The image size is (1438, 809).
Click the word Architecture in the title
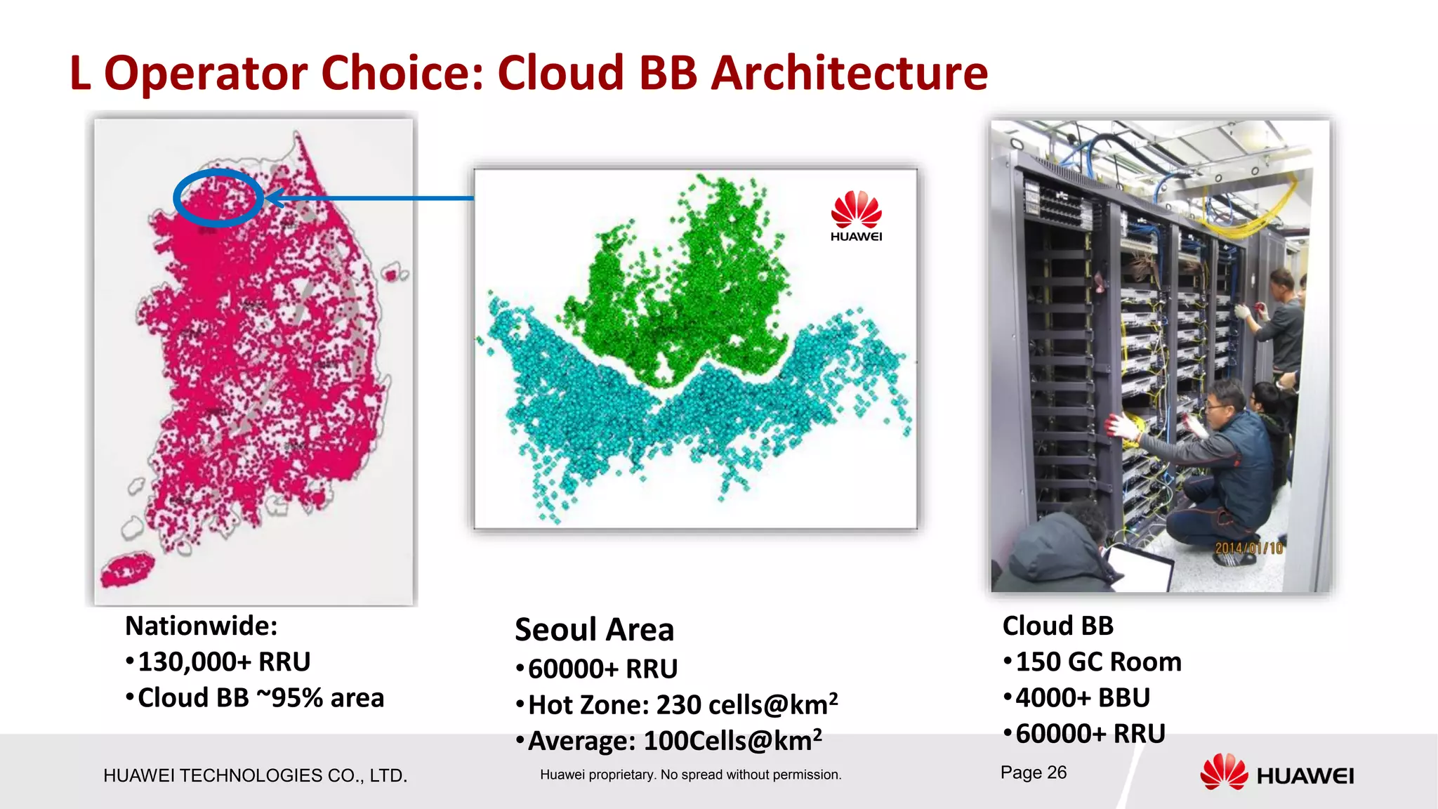coord(849,73)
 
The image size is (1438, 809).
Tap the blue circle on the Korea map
coord(218,198)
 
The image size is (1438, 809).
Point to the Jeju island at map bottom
coord(128,569)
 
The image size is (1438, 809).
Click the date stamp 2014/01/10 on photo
coord(1248,548)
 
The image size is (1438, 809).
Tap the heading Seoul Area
coord(594,629)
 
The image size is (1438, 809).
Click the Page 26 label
coord(1033,772)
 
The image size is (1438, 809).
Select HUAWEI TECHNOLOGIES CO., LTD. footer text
coord(255,775)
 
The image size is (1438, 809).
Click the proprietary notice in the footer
coord(690,775)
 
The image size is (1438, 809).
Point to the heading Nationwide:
coord(201,626)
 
